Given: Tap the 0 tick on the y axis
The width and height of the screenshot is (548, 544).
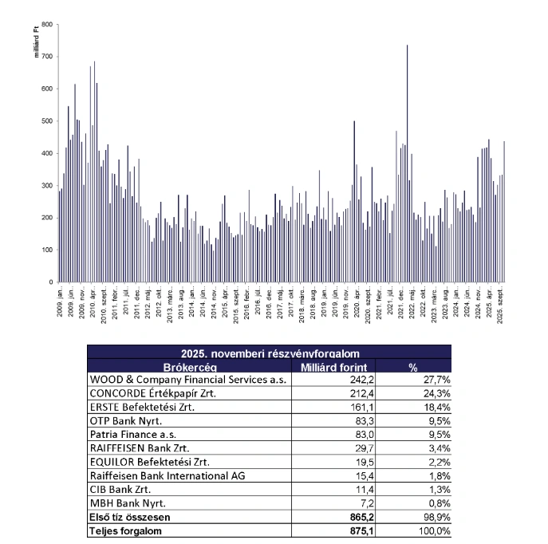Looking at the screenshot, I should pos(50,282).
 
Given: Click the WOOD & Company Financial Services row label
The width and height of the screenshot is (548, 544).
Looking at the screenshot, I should pos(188,380).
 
